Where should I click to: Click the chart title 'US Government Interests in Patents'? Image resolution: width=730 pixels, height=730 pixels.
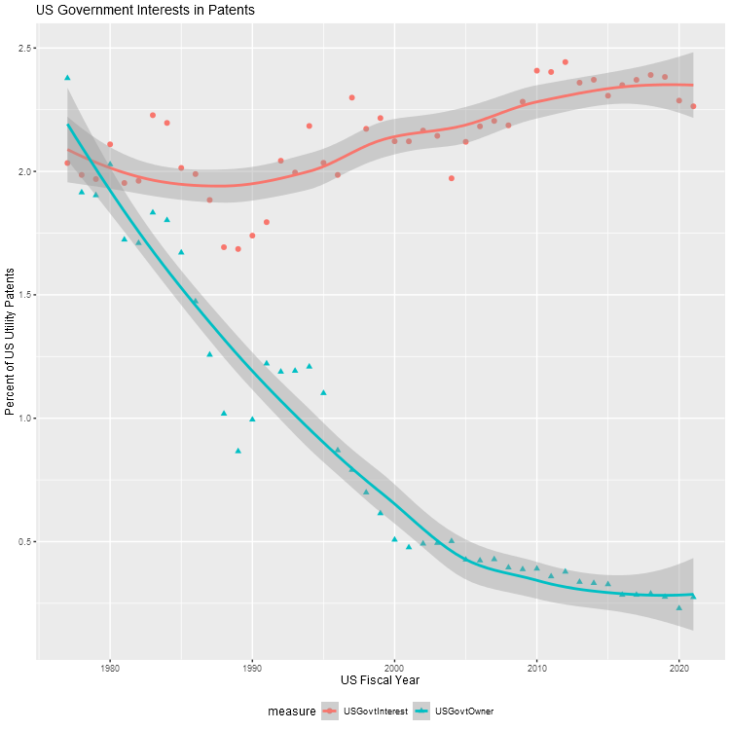pyautogui.click(x=145, y=11)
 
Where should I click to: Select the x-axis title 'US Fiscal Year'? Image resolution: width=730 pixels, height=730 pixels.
pyautogui.click(x=380, y=678)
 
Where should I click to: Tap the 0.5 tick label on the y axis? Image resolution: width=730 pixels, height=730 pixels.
pyautogui.click(x=21, y=541)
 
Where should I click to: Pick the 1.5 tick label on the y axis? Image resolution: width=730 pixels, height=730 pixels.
pyautogui.click(x=21, y=295)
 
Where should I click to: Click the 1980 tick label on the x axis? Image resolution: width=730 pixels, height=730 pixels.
pyautogui.click(x=109, y=667)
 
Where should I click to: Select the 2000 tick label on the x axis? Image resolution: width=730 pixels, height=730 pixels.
pyautogui.click(x=394, y=667)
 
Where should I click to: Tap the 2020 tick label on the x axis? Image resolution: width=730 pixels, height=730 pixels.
pyautogui.click(x=679, y=667)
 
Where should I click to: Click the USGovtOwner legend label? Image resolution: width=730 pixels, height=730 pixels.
pyautogui.click(x=463, y=712)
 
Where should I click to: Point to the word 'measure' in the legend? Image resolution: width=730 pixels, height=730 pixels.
pyautogui.click(x=292, y=712)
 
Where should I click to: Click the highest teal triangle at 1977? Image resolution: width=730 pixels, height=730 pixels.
pyautogui.click(x=67, y=77)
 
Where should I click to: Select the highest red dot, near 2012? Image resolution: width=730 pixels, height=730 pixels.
pyautogui.click(x=566, y=62)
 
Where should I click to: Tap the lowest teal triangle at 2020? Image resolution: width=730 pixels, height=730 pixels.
pyautogui.click(x=679, y=607)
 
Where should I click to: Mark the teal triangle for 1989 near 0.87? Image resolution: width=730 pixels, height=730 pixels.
pyautogui.click(x=237, y=451)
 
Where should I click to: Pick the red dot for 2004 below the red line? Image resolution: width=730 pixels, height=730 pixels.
pyautogui.click(x=452, y=178)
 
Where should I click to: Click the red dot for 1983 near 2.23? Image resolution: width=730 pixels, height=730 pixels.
pyautogui.click(x=153, y=115)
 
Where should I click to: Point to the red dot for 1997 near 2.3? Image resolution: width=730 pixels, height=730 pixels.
pyautogui.click(x=351, y=97)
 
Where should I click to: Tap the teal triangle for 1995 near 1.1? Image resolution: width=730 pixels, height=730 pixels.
pyautogui.click(x=323, y=392)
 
